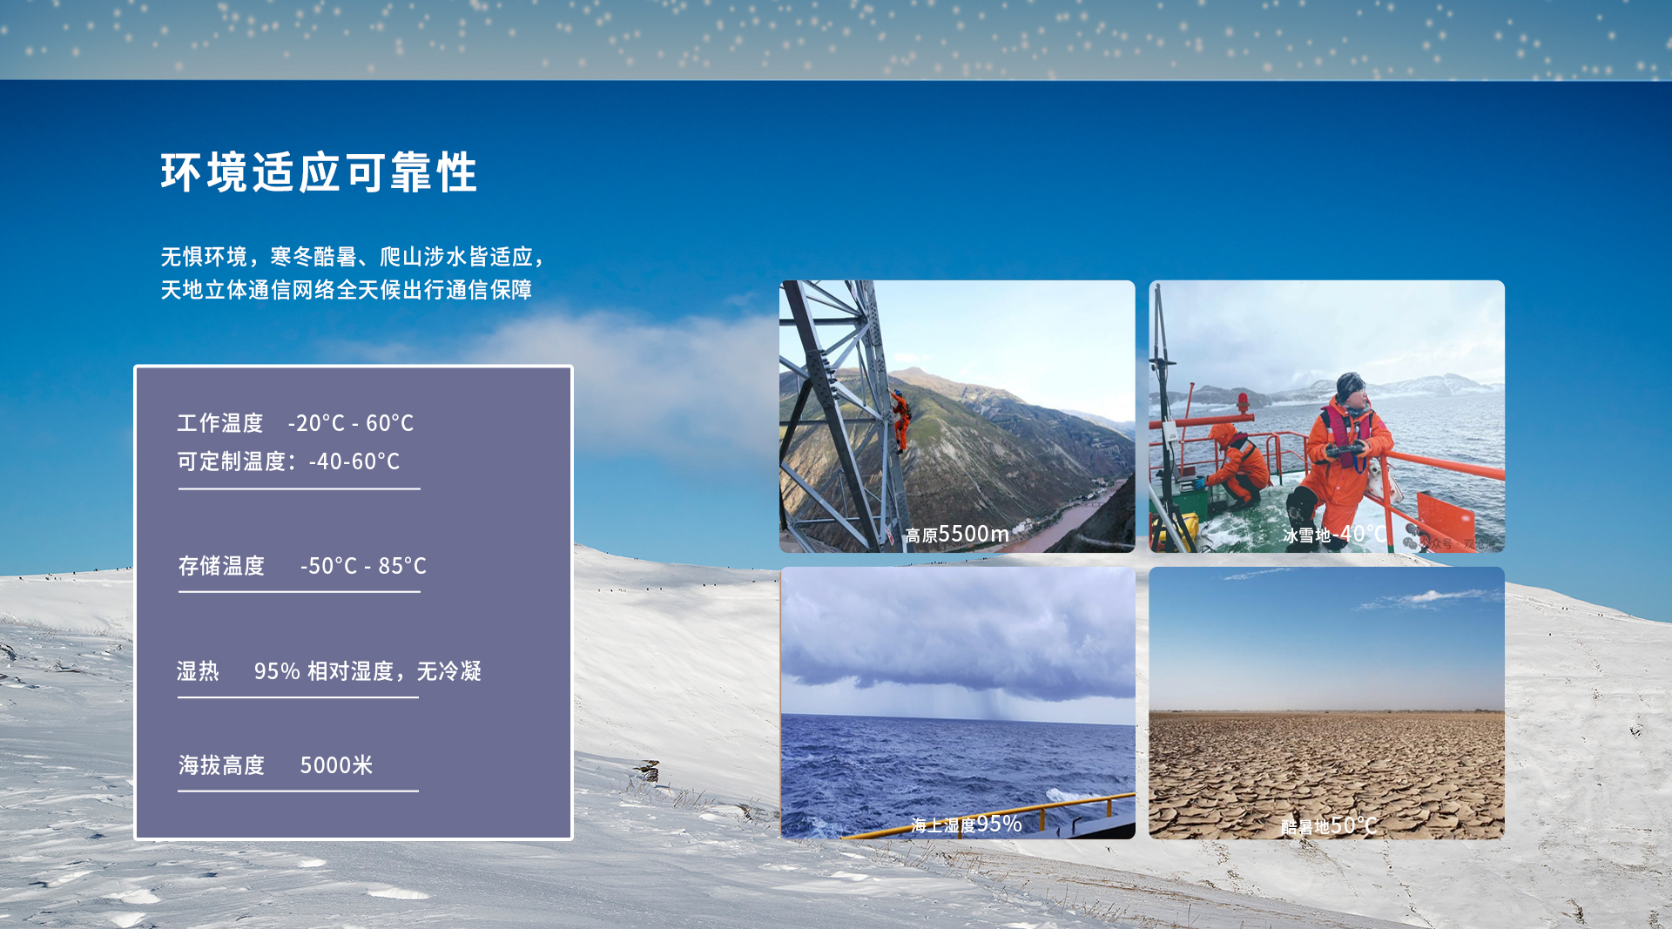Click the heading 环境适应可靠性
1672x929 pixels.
tap(319, 172)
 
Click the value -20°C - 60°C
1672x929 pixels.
tap(351, 423)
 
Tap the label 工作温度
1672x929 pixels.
tap(220, 423)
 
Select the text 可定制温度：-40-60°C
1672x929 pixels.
tap(288, 461)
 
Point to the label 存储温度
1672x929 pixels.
tap(221, 566)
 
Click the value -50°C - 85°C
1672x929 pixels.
tap(363, 566)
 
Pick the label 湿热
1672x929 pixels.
tap(199, 671)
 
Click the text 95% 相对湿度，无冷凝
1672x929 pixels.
tap(367, 671)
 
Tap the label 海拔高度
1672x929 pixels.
tap(221, 765)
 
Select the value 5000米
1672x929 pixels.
tap(336, 765)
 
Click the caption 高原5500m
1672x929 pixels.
tap(957, 534)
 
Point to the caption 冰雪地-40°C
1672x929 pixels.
tap(1333, 534)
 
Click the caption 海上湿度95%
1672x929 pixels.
tap(966, 824)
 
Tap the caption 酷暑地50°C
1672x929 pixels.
tap(1328, 825)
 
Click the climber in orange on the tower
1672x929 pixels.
tap(900, 421)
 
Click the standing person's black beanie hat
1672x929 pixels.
tap(1351, 385)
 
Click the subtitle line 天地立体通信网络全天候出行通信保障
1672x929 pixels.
tap(346, 290)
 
